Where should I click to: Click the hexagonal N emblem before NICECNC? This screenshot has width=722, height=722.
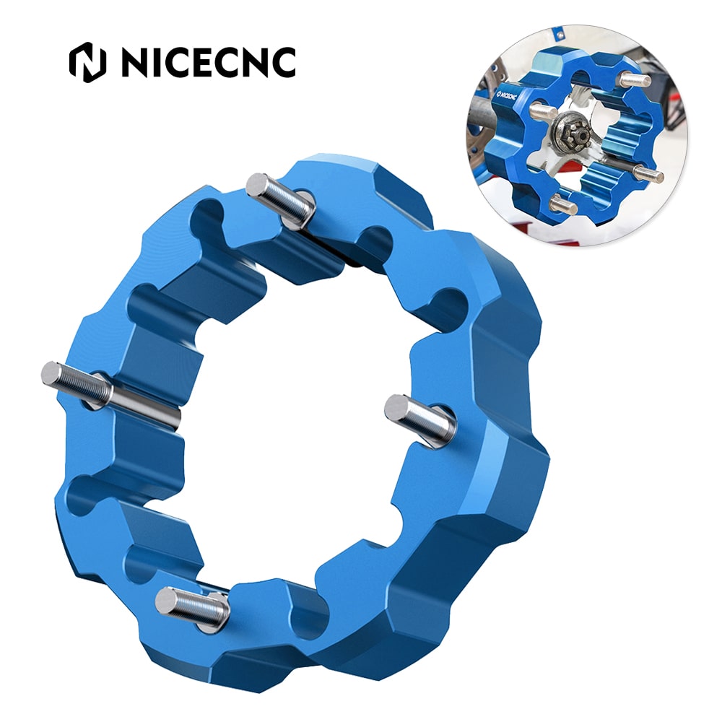pos(87,63)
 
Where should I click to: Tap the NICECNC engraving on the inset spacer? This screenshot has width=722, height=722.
pos(505,95)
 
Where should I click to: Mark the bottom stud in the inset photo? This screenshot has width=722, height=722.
pos(563,206)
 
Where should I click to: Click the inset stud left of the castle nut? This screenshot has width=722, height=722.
pos(543,111)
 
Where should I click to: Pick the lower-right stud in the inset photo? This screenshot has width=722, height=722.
pos(648,175)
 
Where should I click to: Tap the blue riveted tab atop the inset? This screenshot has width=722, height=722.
pos(559,35)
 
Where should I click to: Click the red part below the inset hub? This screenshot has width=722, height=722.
pos(570,168)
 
